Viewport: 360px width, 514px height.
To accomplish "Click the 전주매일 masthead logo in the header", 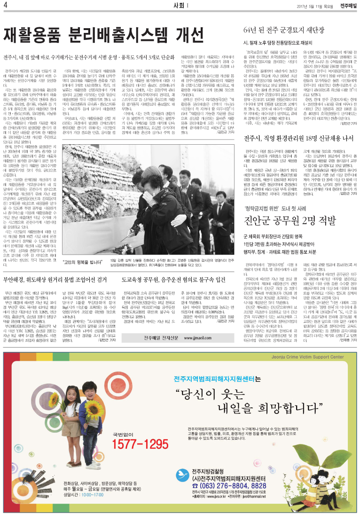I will coord(347,5).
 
